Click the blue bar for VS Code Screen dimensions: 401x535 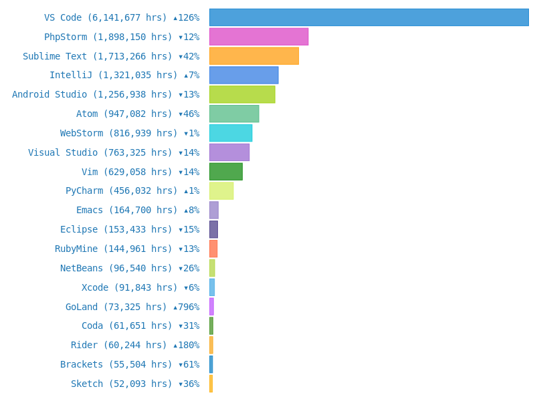pyautogui.click(x=368, y=17)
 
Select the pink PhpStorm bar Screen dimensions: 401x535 pyautogui.click(x=259, y=37)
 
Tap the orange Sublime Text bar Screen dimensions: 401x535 pyautogui.click(x=254, y=56)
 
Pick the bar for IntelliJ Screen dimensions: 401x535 pyautogui.click(x=244, y=76)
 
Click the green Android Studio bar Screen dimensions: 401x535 pyautogui.click(x=242, y=94)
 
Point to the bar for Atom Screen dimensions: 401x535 pyautogui.click(x=234, y=114)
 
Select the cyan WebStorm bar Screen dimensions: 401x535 pyautogui.click(x=231, y=133)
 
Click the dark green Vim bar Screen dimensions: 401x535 pyautogui.click(x=226, y=172)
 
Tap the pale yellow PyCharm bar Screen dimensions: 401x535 pyautogui.click(x=221, y=191)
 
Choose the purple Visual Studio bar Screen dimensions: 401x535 pyautogui.click(x=229, y=152)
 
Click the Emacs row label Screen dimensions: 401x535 pyautogui.click(x=138, y=211)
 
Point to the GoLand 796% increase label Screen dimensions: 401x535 pyautogui.click(x=132, y=307)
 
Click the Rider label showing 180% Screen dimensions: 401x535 pyautogui.click(x=135, y=345)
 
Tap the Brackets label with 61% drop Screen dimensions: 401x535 pyautogui.click(x=130, y=364)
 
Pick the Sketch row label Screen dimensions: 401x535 pyautogui.click(x=135, y=384)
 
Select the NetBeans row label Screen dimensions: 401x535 pyautogui.click(x=130, y=268)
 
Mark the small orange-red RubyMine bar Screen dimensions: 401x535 pyautogui.click(x=213, y=249)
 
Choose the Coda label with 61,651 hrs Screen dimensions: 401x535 pyautogui.click(x=140, y=325)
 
